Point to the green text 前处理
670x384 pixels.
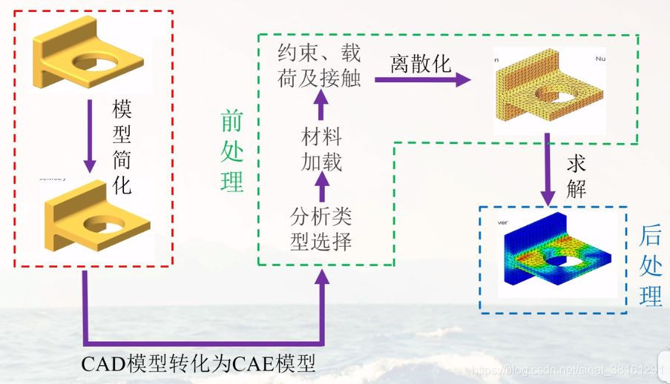click(x=231, y=151)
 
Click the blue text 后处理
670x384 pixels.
click(x=651, y=267)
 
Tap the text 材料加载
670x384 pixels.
click(x=321, y=149)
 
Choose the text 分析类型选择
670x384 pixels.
click(x=321, y=229)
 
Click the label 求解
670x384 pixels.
click(x=577, y=176)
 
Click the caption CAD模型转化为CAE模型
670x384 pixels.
click(x=200, y=364)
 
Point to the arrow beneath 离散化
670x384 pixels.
click(x=424, y=78)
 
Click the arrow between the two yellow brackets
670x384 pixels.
click(x=90, y=133)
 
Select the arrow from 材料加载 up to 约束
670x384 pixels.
click(x=321, y=108)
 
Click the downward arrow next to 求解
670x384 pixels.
click(x=547, y=171)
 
